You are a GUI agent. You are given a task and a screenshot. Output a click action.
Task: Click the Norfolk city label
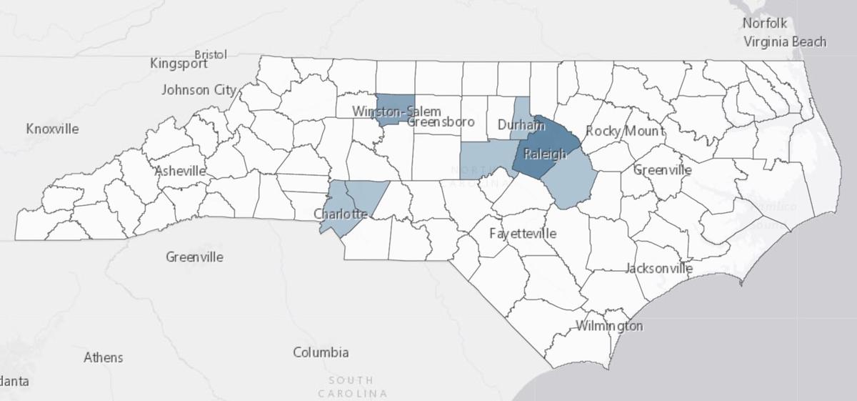[x=764, y=24]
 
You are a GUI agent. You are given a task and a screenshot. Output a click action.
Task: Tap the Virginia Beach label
[x=784, y=41]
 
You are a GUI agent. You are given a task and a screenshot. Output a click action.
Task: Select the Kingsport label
[x=179, y=64]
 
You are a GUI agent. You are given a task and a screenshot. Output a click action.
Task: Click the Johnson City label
[x=198, y=90]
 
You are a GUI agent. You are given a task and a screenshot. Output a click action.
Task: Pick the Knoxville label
[x=52, y=129]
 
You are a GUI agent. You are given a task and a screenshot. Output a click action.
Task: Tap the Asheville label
[x=180, y=172]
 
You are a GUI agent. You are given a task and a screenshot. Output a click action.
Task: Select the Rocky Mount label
[x=624, y=131]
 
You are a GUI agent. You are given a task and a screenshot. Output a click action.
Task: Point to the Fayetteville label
[x=523, y=234]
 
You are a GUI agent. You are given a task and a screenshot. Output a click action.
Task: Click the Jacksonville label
[x=658, y=269]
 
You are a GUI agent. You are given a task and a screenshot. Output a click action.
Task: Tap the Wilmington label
[x=609, y=327]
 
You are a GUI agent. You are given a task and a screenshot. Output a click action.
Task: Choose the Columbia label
[x=321, y=352]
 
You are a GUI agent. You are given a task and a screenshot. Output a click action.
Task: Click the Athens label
[x=103, y=357]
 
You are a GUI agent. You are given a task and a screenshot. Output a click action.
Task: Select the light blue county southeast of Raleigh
[x=571, y=182]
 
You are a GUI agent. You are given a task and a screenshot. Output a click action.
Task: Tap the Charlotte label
[x=341, y=214]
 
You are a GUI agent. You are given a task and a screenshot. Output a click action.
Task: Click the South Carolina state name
[x=352, y=387]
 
